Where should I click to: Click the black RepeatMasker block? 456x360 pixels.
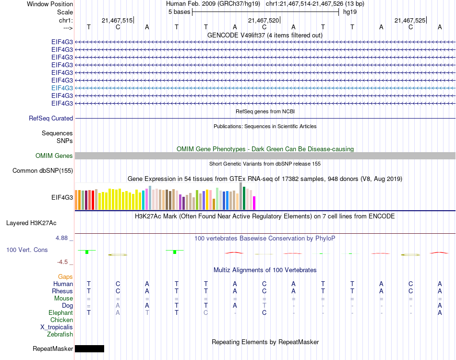click(89, 348)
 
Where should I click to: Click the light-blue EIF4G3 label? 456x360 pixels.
click(62, 88)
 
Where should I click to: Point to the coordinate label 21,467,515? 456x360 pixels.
click(117, 20)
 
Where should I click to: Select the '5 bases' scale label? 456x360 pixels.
click(179, 12)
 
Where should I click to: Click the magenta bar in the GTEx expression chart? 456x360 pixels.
click(254, 203)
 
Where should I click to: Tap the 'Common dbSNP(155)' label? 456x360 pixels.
click(43, 170)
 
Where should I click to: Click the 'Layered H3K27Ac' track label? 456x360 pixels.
click(31, 223)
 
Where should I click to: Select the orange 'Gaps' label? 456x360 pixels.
click(65, 276)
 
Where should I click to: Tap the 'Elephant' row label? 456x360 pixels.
click(60, 312)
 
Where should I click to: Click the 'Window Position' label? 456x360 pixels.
click(50, 4)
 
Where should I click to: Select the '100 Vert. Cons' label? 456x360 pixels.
click(27, 250)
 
